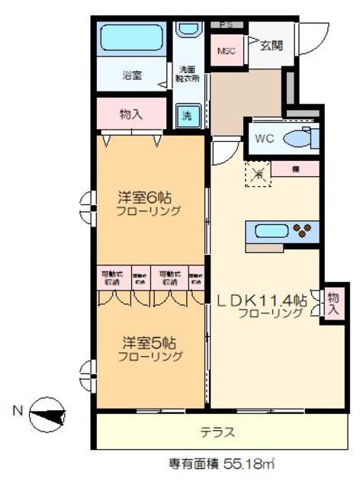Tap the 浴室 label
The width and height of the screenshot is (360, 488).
pyautogui.click(x=131, y=75)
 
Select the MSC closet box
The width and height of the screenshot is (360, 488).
pyautogui.click(x=227, y=50)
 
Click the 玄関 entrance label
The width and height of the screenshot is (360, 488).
pyautogui.click(x=271, y=46)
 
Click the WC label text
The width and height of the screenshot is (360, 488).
pyautogui.click(x=264, y=139)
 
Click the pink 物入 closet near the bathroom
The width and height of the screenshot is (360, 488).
pyautogui.click(x=131, y=114)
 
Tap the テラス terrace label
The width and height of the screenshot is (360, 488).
pyautogui.click(x=217, y=432)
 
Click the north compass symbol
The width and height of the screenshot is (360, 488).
pyautogui.click(x=48, y=416)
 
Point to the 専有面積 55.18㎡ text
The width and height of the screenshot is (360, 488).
pyautogui.click(x=220, y=463)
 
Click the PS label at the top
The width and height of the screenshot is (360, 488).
pyautogui.click(x=225, y=24)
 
